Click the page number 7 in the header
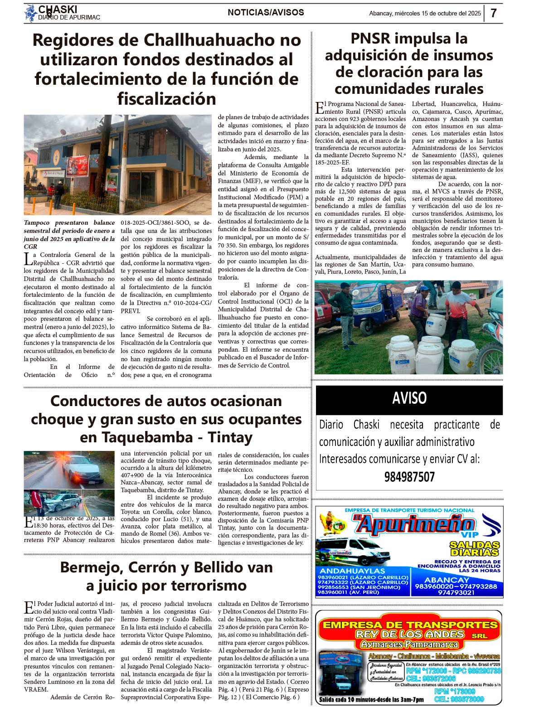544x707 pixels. coord(494,13)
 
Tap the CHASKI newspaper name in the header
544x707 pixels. coord(58,10)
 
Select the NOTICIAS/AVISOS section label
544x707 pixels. coord(266,13)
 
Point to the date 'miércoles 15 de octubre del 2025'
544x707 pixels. coord(437,14)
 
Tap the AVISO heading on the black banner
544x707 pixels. coord(409,398)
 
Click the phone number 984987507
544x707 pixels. coord(409,477)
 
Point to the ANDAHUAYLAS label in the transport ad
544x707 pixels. coord(352,571)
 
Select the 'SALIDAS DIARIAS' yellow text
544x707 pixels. coord(474,548)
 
